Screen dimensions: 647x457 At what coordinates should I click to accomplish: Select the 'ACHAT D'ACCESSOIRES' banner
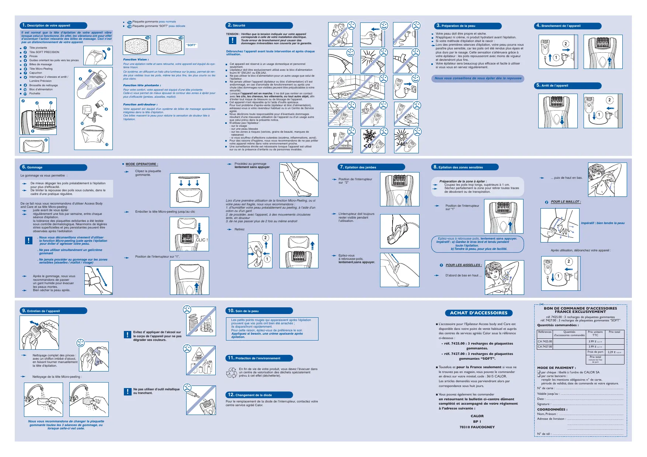(479, 313)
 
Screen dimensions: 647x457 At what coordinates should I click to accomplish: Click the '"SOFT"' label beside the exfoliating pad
(191, 45)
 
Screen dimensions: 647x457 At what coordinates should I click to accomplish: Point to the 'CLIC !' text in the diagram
(202, 240)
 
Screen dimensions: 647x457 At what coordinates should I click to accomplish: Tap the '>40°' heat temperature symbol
(401, 144)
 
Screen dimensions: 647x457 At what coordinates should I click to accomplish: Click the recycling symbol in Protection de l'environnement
(232, 373)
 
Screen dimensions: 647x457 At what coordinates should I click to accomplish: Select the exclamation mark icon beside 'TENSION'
(233, 40)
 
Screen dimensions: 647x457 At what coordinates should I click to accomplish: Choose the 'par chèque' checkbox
(539, 372)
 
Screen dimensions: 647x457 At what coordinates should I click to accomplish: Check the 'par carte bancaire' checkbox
(539, 376)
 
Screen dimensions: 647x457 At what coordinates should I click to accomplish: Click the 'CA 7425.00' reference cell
(545, 341)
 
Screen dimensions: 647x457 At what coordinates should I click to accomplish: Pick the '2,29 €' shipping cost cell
(614, 352)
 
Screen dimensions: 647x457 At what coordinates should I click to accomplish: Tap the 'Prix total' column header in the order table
(614, 332)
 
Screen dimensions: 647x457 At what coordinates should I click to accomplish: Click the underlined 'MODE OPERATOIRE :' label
(142, 164)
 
